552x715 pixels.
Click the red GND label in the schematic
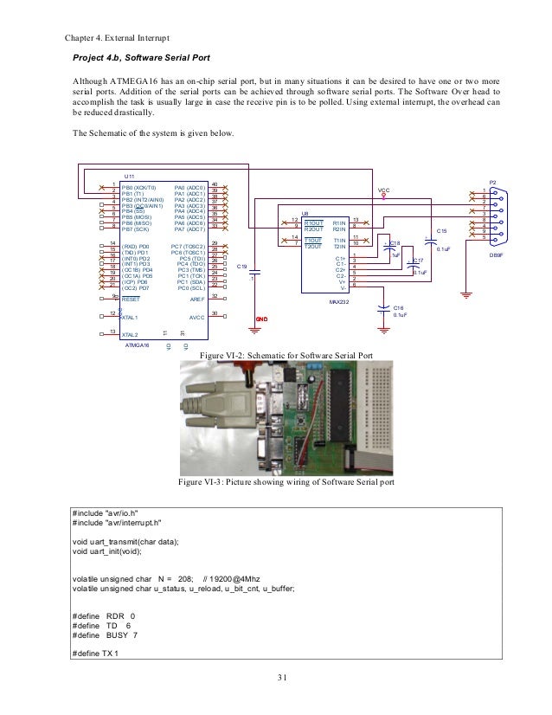click(x=260, y=319)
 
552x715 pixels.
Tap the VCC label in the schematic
click(x=385, y=189)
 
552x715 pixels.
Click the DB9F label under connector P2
click(x=496, y=255)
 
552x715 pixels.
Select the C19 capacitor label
click(x=242, y=266)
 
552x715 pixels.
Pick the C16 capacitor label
click(x=398, y=307)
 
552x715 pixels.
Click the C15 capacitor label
click(x=441, y=231)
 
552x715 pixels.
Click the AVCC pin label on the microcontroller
click(x=196, y=316)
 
